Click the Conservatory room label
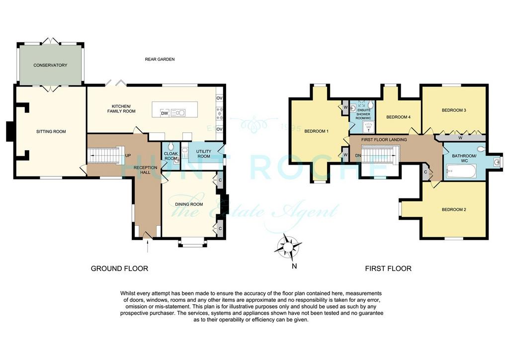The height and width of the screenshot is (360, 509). pos(50,65)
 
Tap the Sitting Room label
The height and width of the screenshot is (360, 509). pos(51,131)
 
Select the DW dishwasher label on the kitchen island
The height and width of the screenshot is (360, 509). pos(165,113)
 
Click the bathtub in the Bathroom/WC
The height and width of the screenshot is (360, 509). pos(461,171)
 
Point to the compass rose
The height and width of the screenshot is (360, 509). pos(288,248)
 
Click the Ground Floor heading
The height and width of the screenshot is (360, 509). pos(119,269)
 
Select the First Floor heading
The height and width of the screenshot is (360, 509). pos(388,269)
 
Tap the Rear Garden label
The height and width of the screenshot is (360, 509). pos(160,59)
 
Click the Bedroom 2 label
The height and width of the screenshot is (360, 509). pos(454,209)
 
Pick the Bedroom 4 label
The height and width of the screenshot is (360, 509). pos(398,117)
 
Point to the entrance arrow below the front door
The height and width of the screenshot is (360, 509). pos(148,247)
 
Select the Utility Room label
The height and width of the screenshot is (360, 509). pos(203,154)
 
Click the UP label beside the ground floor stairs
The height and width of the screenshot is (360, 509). pos(128,156)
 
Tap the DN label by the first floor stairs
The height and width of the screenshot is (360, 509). pos(358,156)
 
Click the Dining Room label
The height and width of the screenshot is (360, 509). pos(189,204)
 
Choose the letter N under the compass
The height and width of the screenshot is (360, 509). pos(294,266)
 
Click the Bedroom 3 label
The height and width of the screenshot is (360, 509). pos(454,110)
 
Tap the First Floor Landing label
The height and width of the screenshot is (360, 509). pos(384,140)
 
